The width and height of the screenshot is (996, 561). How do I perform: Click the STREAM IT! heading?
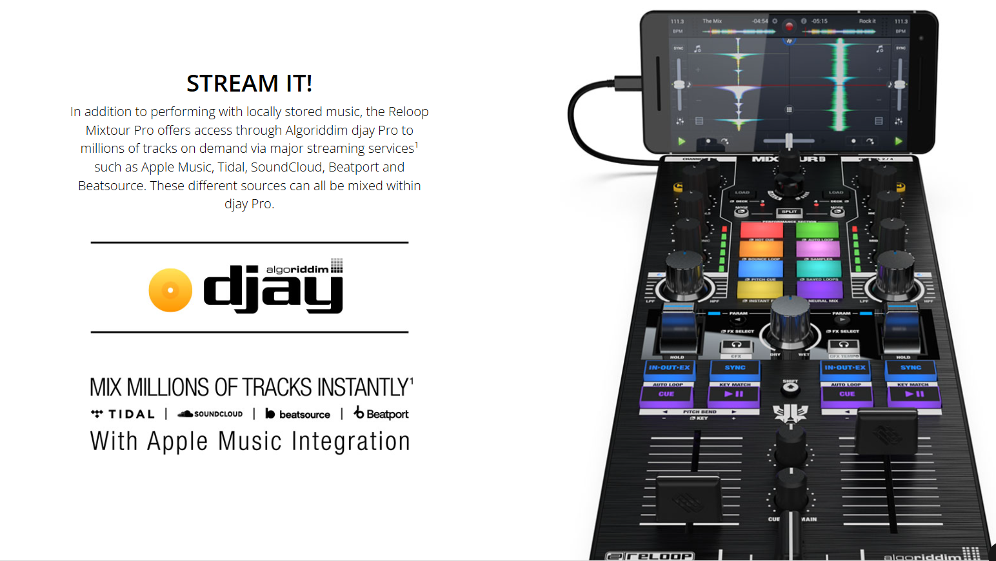(249, 83)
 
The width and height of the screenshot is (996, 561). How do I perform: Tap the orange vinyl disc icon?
(170, 290)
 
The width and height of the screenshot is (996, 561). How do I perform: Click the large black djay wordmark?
(273, 290)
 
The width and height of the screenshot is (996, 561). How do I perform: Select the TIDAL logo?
(123, 414)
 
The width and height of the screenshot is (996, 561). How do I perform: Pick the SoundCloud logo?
(210, 414)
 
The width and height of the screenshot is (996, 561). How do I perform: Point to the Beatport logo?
(381, 413)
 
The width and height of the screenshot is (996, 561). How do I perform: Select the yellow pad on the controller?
(760, 290)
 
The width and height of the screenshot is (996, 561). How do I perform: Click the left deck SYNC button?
(735, 368)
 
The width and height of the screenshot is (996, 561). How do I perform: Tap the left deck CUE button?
(666, 394)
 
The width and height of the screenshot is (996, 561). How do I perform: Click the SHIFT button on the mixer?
(790, 388)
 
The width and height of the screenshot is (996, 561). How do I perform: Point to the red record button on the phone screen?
(789, 26)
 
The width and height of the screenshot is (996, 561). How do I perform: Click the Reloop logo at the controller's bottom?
(650, 556)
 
